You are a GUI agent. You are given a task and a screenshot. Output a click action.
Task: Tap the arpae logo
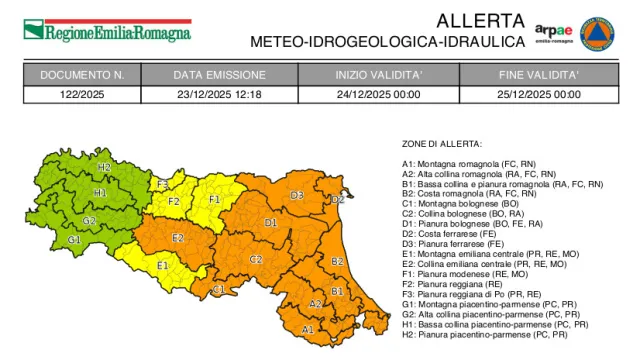coord(552,32)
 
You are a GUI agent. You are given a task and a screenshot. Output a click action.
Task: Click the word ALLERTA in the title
coord(480,20)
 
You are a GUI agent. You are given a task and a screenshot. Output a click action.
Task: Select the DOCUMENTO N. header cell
coord(82,75)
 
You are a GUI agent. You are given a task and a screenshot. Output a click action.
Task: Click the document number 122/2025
coord(82,94)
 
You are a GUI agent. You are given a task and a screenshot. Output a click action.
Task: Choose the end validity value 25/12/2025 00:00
coord(539,94)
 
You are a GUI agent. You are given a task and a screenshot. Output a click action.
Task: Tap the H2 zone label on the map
coord(104,167)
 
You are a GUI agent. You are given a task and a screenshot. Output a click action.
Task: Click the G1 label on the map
coord(74,240)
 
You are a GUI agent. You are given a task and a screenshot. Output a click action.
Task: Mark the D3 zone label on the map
coord(297,195)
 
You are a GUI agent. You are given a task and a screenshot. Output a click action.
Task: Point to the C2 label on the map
coord(256,259)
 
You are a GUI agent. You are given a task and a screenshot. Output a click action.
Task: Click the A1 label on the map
coord(307,328)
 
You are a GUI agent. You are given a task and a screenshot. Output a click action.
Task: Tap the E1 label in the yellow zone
coord(162,265)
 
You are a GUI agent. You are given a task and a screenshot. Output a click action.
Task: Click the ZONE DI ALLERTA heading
coord(442,144)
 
